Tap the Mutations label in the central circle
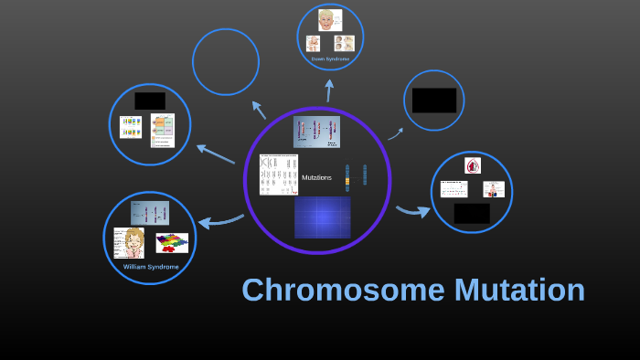(316, 177)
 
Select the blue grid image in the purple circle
(322, 217)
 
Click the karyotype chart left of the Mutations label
(278, 175)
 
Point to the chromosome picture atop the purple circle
(316, 132)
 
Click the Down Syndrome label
(330, 58)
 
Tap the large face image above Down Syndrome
(329, 20)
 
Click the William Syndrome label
(151, 267)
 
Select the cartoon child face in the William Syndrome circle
(129, 243)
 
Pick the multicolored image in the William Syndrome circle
(172, 243)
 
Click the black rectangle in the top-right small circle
(433, 101)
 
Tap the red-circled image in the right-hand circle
(472, 165)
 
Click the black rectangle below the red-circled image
(472, 213)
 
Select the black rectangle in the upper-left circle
(150, 101)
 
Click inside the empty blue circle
(226, 62)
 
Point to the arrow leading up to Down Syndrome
(329, 90)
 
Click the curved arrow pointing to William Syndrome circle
(219, 221)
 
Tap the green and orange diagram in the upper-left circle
(163, 130)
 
